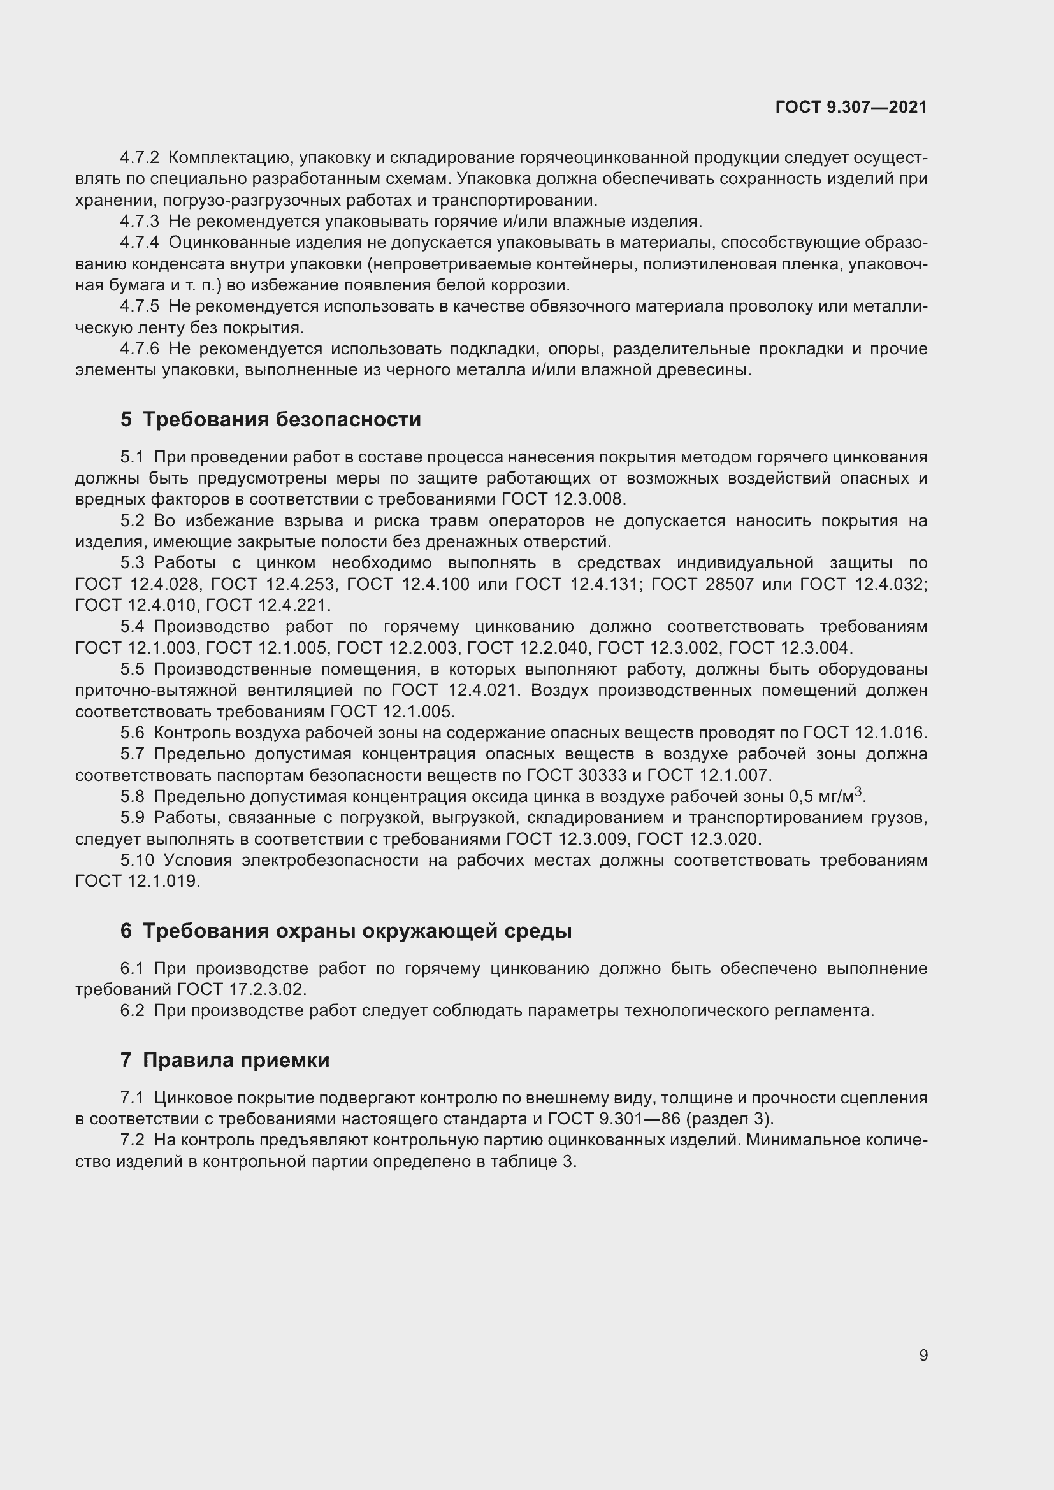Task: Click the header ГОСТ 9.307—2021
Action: click(851, 108)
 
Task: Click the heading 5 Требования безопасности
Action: click(271, 419)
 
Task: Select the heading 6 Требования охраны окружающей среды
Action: click(346, 931)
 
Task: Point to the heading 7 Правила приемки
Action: click(224, 1060)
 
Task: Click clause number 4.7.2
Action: click(140, 158)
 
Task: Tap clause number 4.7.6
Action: click(140, 349)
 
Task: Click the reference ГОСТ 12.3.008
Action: click(563, 499)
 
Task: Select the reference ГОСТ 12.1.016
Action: click(864, 733)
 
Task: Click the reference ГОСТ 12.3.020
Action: click(698, 839)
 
